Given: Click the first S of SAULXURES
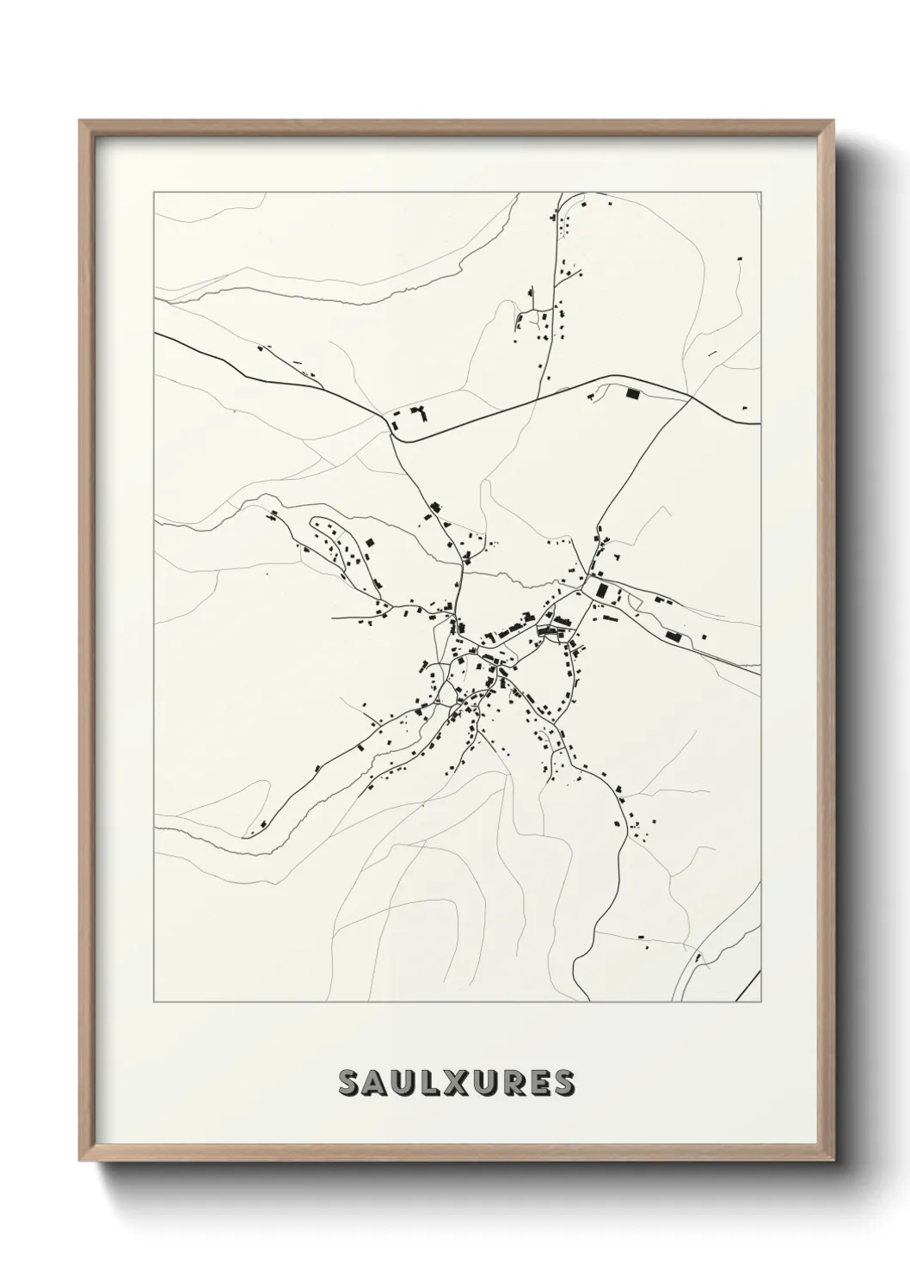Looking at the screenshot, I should (x=352, y=1084).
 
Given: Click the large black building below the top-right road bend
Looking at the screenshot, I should (x=634, y=395).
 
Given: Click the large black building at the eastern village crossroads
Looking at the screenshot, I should (x=601, y=591).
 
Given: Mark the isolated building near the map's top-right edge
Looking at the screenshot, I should (x=740, y=256).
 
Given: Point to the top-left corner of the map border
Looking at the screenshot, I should (x=154, y=193).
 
